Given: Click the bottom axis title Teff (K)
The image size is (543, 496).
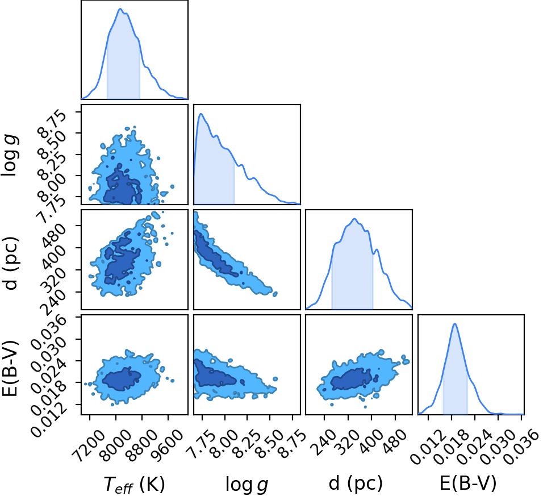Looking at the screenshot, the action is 134,485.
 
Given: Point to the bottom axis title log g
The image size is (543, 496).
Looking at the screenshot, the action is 247,485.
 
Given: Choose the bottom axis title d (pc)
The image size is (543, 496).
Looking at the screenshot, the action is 356,483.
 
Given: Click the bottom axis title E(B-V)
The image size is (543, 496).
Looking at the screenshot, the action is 468,483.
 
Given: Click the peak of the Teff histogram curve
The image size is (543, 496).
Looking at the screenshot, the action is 120,9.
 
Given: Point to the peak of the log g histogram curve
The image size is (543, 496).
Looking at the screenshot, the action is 201,114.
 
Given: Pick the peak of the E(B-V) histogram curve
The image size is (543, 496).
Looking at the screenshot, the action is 455,323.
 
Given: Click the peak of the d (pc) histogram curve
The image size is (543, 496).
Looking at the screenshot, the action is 354,219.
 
